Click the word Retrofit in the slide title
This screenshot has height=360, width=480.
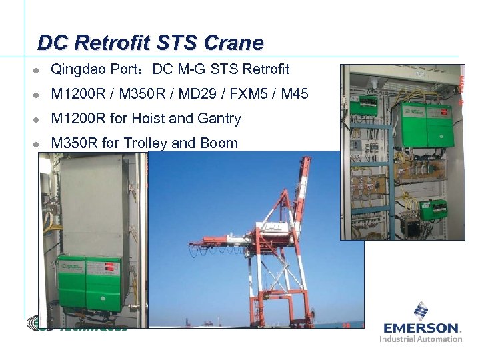pyautogui.click(x=114, y=43)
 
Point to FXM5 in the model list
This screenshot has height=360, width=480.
pyautogui.click(x=251, y=94)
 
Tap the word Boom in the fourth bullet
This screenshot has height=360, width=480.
pyautogui.click(x=217, y=143)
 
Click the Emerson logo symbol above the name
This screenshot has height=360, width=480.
pyautogui.click(x=421, y=311)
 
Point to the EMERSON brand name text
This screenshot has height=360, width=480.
pyautogui.click(x=421, y=328)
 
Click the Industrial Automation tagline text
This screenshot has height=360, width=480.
pyautogui.click(x=421, y=339)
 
